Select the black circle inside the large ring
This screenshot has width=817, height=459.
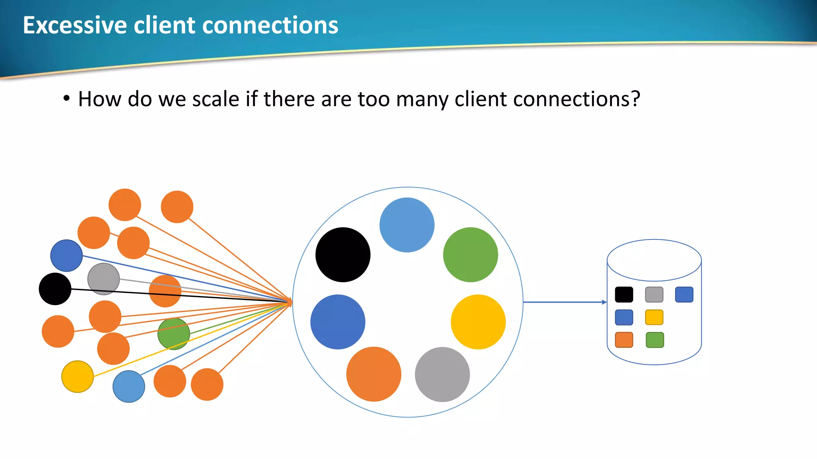coord(343,255)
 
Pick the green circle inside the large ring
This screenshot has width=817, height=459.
coord(470,255)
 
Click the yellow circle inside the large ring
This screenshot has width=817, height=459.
coord(478,322)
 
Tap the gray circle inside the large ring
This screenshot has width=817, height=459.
coord(442,374)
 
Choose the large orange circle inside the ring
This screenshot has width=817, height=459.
coord(373,374)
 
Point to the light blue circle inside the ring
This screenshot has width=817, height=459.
coord(407,225)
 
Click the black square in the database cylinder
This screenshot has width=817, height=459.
coord(624,294)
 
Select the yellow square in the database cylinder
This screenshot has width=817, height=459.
coord(654,317)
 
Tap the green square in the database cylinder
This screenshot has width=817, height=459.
coord(655,340)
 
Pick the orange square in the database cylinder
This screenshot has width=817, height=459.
coord(624,340)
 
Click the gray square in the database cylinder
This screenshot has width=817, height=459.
coord(654,294)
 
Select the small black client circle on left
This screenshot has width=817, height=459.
coord(55,289)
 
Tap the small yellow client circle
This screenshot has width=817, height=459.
coord(77,377)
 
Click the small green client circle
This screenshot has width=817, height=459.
coord(174,334)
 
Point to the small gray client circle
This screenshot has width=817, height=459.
coord(103,279)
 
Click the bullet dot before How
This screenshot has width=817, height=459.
coord(67,98)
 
